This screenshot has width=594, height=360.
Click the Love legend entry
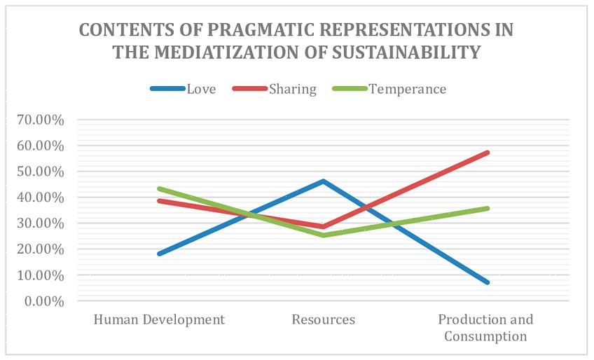click(x=183, y=89)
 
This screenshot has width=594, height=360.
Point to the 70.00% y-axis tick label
click(x=40, y=120)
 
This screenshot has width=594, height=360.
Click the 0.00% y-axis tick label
click(x=43, y=301)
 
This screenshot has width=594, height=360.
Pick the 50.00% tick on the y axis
click(x=40, y=172)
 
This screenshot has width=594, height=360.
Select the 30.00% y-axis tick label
click(x=40, y=223)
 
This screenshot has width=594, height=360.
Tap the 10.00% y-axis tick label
click(x=40, y=275)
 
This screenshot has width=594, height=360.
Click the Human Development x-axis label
click(x=159, y=320)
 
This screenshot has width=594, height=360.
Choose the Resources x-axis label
click(x=323, y=320)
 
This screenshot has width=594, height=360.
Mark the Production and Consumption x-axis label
click(x=485, y=328)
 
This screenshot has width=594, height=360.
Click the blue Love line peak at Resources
click(x=323, y=181)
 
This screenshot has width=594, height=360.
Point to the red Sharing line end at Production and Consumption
click(x=487, y=152)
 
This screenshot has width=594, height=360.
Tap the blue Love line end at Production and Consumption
click(x=487, y=282)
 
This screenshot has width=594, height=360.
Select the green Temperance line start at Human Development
click(x=160, y=188)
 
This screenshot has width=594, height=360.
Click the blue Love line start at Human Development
click(x=160, y=254)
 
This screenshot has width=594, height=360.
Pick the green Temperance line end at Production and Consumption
click(x=487, y=208)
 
